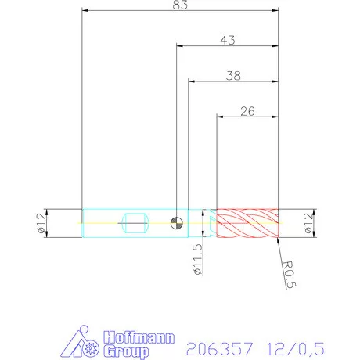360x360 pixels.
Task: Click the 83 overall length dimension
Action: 181,5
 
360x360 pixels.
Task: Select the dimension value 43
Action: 229,40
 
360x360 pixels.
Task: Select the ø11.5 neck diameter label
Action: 198,259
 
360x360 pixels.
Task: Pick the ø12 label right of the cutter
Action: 321,224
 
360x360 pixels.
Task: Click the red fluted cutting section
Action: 247,224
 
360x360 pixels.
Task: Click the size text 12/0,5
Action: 297,344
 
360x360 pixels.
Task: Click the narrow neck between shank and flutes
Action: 202,224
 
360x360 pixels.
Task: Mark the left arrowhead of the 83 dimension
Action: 85,13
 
